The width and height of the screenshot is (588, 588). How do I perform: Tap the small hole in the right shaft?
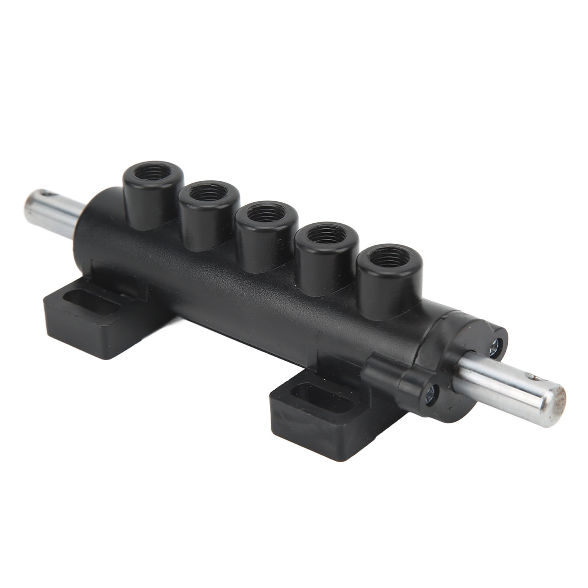coord(528,373)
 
